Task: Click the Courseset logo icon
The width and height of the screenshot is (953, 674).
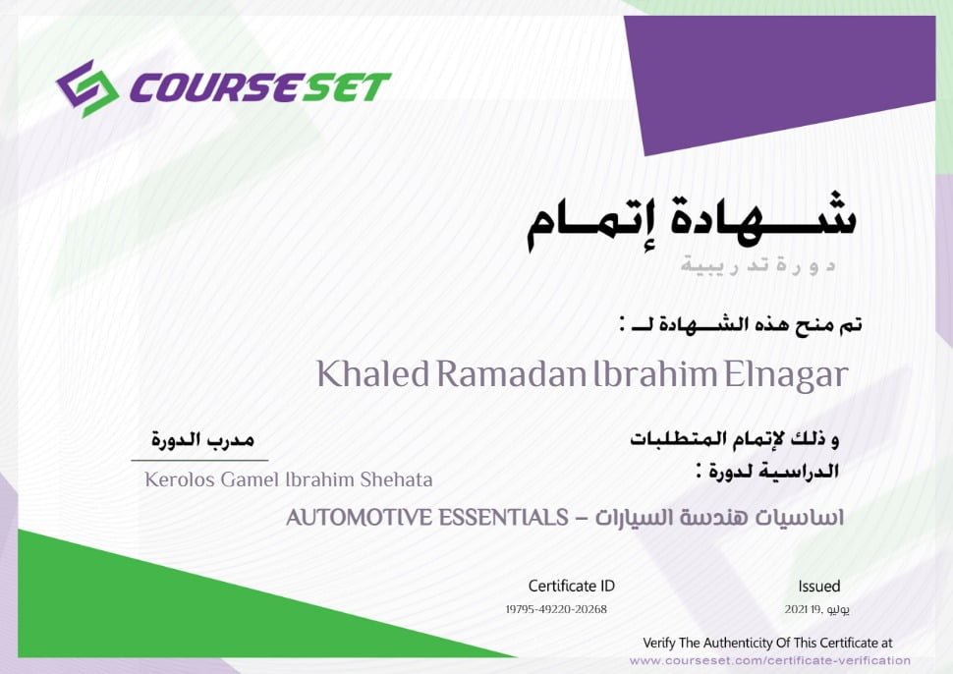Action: point(86,88)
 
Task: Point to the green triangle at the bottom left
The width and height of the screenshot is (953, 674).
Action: point(183,608)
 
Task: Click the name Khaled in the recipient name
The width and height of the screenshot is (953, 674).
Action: point(372,373)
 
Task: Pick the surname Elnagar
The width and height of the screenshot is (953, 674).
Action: point(785,375)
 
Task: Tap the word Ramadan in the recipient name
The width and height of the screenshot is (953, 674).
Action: point(511,373)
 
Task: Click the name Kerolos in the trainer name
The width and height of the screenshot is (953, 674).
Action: point(180,479)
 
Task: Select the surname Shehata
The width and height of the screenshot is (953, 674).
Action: point(396,479)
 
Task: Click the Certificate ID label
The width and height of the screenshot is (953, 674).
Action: point(572,586)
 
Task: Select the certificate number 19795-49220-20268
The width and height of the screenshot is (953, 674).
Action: point(556,609)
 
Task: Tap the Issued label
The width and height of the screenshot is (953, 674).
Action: point(819,586)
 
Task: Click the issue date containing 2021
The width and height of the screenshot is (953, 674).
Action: point(816,609)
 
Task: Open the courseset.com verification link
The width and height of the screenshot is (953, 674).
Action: point(770,660)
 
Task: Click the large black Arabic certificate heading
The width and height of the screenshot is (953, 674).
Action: point(691,221)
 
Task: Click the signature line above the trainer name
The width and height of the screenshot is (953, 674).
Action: point(199,461)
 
